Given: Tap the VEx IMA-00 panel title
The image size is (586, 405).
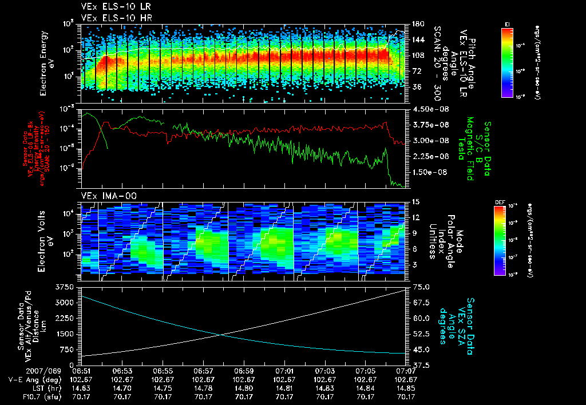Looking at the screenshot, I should point(105,196).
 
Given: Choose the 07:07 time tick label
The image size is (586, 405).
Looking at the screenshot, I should point(406,371).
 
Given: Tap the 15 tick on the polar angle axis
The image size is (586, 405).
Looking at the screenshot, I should point(414,202).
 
